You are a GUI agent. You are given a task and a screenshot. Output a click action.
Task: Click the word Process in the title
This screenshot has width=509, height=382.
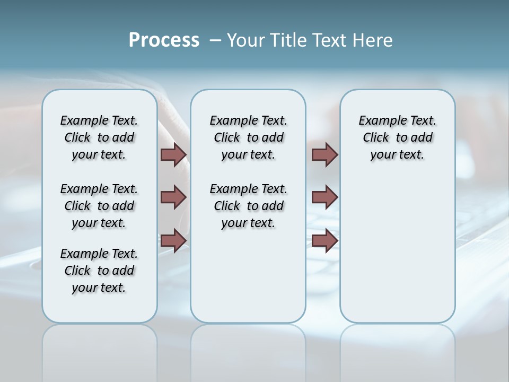164,40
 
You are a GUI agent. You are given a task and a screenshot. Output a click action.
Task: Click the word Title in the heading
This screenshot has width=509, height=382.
286,40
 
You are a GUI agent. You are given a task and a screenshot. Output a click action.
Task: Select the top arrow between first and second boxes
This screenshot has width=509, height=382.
173,154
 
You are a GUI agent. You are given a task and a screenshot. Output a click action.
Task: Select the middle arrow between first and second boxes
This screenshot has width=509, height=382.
173,197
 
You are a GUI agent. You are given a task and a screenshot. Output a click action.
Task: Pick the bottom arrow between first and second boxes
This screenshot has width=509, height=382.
173,240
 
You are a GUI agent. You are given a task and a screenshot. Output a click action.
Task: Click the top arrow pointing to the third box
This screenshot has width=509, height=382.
324,154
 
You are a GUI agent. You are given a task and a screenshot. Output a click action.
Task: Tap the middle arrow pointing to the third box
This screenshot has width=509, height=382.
324,197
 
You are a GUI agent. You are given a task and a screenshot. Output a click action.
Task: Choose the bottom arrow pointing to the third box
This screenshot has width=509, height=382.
324,240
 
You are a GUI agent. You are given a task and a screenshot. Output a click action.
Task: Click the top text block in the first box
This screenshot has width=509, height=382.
99,137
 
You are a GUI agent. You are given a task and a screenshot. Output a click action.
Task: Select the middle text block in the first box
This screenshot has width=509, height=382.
99,206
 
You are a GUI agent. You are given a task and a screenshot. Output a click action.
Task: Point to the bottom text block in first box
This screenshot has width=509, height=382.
99,271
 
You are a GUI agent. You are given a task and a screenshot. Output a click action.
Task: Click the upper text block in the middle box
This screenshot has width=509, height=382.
248,137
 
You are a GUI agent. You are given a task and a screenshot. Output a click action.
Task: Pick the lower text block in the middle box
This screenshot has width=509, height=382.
248,206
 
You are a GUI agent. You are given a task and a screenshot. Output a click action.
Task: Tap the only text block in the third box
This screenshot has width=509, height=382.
397,137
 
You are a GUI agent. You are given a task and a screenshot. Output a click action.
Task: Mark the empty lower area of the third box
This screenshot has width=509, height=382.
397,249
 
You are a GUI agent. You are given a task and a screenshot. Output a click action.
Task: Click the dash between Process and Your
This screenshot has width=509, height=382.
215,41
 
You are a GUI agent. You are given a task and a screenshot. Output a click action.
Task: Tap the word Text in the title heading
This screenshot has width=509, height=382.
326,40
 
